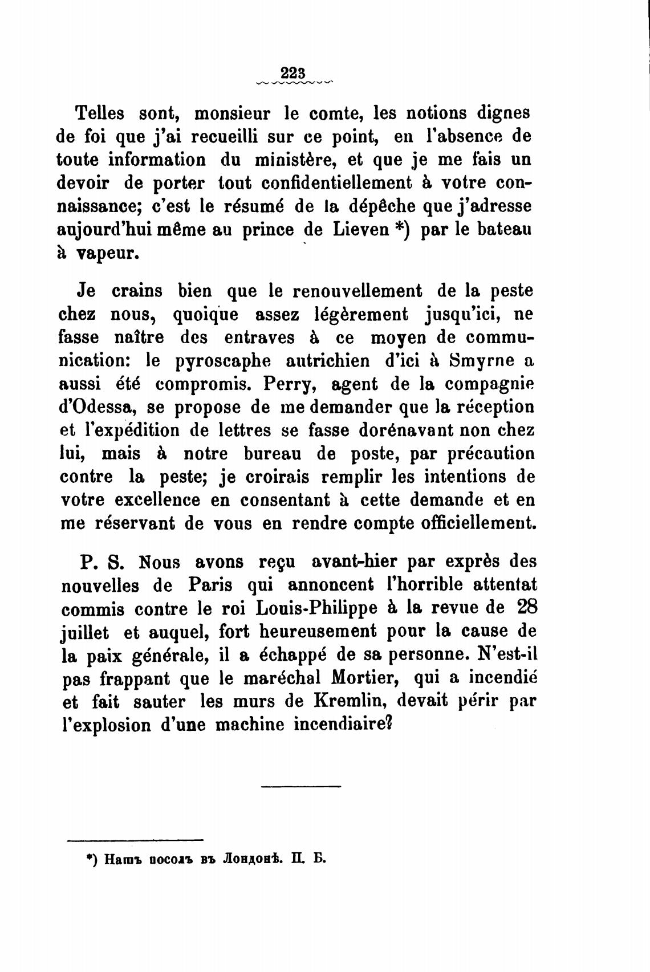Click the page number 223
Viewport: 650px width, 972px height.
click(x=294, y=74)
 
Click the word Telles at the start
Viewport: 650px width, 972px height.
click(x=100, y=113)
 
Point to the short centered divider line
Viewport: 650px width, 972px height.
click(x=300, y=787)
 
